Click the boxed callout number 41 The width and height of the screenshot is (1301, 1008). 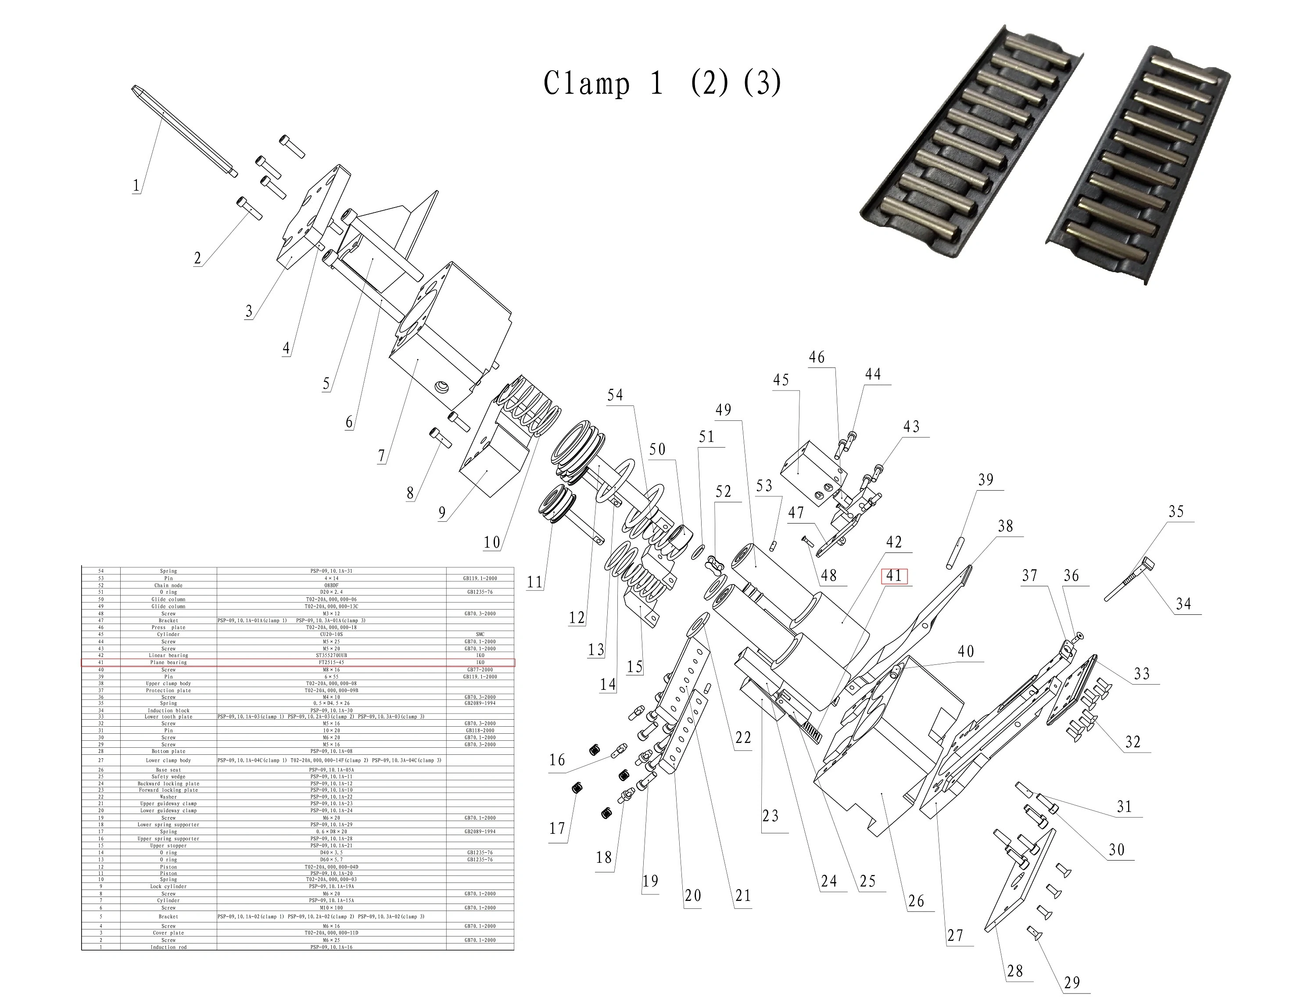coord(893,576)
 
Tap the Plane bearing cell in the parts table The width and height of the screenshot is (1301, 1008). coord(168,663)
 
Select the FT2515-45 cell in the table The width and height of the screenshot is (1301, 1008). coord(331,663)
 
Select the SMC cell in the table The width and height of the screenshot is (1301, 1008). coord(480,635)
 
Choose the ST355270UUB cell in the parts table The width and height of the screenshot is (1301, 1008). coord(331,655)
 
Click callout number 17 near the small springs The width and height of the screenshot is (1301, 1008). coord(557,828)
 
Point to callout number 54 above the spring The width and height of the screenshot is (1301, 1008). coord(615,395)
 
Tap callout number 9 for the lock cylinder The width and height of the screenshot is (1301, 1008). coord(441,513)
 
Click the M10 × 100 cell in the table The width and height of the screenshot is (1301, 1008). coord(331,908)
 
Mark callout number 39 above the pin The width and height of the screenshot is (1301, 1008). coord(986,480)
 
